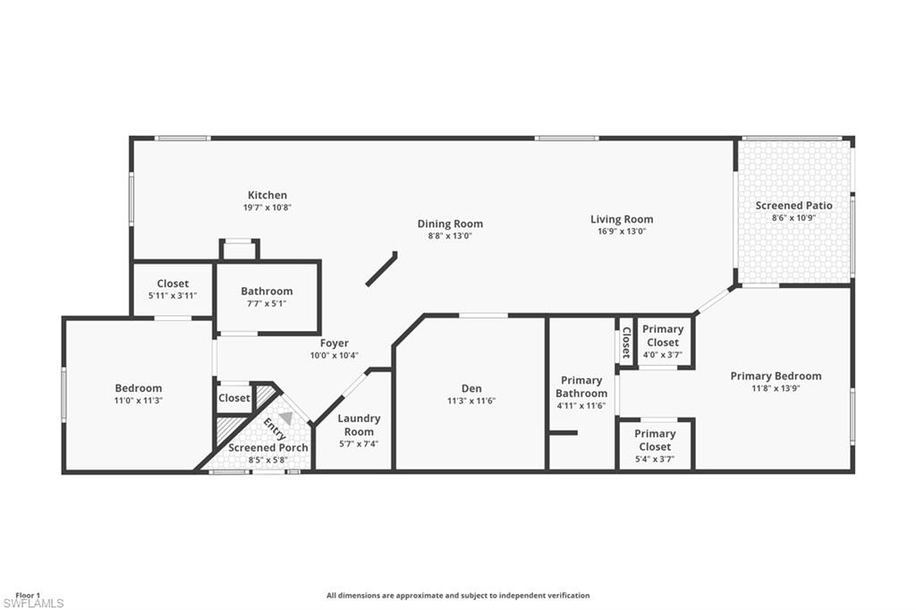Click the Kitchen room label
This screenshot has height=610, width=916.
(267, 195)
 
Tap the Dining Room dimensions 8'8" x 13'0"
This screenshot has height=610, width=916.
(450, 236)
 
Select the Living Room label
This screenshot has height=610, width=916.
(622, 219)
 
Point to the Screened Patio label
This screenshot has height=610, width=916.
(793, 206)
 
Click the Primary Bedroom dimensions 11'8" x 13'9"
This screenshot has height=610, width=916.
(776, 389)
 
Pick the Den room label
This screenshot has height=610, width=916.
(471, 388)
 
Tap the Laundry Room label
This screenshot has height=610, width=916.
(359, 425)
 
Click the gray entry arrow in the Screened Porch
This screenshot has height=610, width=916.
(285, 418)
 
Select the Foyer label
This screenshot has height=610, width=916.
(335, 343)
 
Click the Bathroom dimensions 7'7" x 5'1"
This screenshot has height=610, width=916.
(267, 304)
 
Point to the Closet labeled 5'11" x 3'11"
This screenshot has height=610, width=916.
(173, 284)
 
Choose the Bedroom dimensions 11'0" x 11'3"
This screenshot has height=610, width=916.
(139, 401)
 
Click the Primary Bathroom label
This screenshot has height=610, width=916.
(581, 387)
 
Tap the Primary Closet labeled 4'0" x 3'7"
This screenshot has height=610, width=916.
(663, 335)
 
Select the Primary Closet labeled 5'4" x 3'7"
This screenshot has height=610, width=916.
(655, 440)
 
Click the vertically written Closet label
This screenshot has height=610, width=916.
(626, 341)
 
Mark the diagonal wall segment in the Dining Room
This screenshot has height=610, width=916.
(382, 269)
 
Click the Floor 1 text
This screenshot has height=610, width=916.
(28, 595)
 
